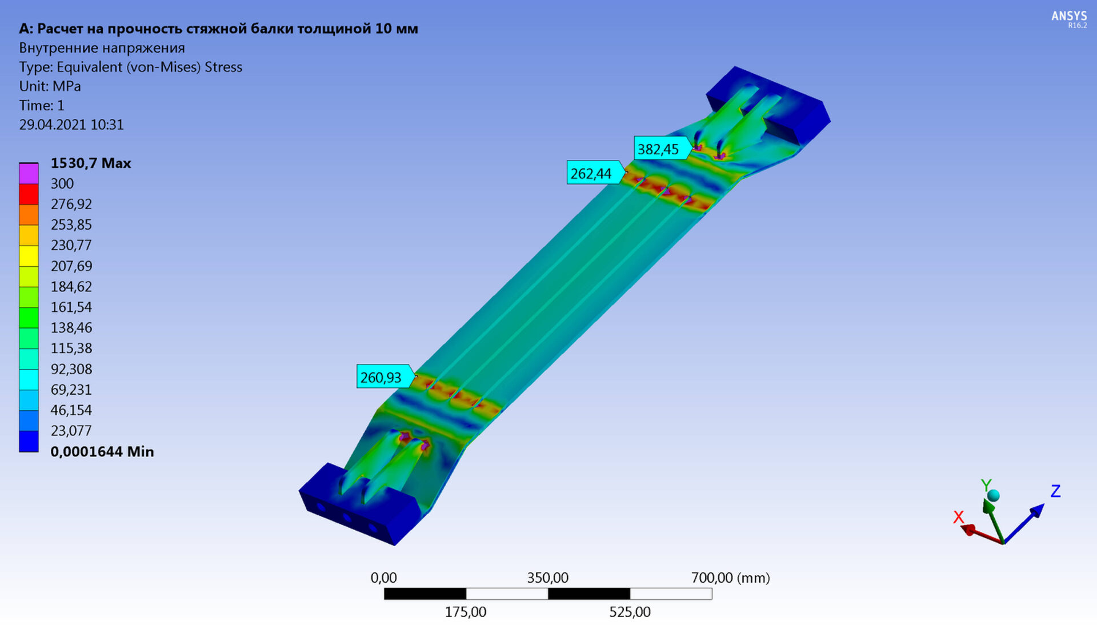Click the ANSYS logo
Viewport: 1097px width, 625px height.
pos(1069,18)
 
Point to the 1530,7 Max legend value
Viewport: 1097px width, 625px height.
pos(91,163)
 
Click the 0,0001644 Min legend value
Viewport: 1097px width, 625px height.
pos(102,451)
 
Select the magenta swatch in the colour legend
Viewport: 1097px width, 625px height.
pos(29,173)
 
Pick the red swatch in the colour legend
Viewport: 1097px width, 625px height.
pos(29,194)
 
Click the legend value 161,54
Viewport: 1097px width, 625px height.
pos(71,307)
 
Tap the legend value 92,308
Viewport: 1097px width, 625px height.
pos(71,369)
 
